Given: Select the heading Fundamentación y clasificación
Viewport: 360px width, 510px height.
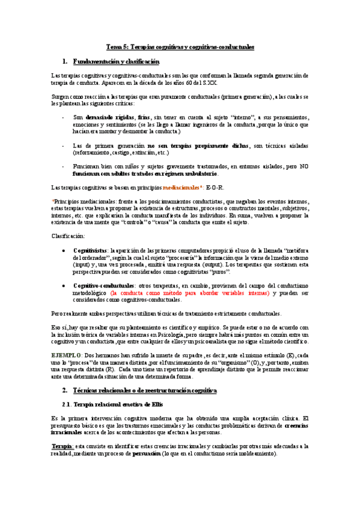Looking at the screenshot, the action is [115, 62].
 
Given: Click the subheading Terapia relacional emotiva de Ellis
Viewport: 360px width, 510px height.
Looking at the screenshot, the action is [121, 403].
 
